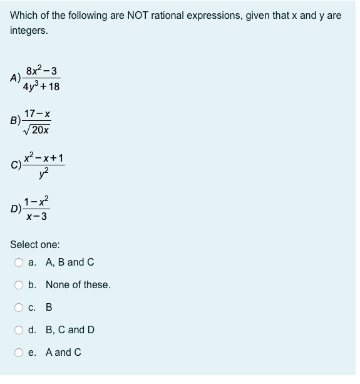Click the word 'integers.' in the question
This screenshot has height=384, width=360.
[x=29, y=30]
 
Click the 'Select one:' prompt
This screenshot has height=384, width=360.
[x=35, y=245]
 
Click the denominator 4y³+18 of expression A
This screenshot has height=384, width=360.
[x=43, y=86]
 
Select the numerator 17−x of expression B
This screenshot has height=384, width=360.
[x=37, y=115]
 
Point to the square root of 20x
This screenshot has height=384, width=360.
[x=37, y=130]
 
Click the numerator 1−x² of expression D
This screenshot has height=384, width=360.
[x=36, y=202]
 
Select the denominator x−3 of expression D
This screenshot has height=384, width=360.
[x=36, y=217]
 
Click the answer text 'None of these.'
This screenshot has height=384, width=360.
[x=78, y=285]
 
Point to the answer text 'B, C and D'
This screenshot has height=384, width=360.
[x=70, y=330]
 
